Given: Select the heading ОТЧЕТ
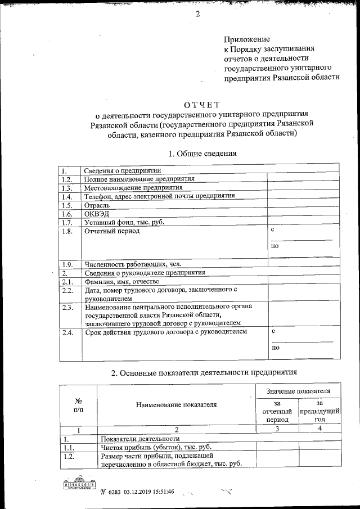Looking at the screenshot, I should coord(202,103).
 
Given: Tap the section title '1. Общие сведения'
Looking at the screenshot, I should coord(202,153).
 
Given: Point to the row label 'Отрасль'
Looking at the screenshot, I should coord(97,205).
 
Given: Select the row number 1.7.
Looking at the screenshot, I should coord(67,223).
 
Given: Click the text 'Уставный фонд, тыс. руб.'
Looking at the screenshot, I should coord(124,223).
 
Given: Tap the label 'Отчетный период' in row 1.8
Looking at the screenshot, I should coord(112,231).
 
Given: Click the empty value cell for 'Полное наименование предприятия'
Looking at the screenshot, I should coord(303,179).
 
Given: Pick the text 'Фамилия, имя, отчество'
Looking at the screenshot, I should coord(122,281).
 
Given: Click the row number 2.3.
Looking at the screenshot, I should coord(68,307).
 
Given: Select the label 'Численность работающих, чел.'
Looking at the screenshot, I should coord(133,264).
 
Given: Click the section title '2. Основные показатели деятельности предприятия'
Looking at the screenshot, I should coord(203,372).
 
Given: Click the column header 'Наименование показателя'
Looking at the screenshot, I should coord(175,404).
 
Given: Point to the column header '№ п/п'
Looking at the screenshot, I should coord(79,405).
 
